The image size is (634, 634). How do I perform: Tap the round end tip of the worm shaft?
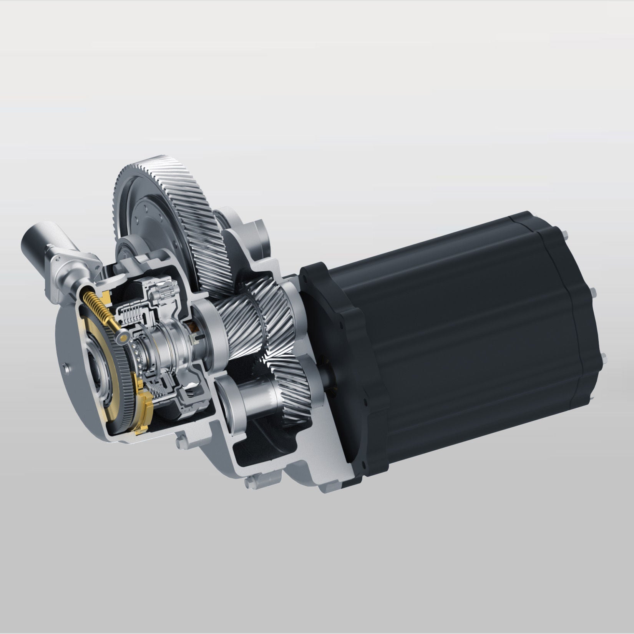click(x=124, y=337)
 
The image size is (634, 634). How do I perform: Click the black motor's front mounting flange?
click(x=338, y=315)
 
